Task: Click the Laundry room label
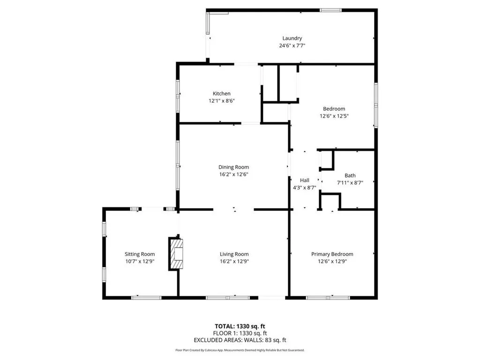point(292,38)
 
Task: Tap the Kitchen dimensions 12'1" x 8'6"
point(221,101)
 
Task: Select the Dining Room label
point(233,167)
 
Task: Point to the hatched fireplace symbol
point(176,254)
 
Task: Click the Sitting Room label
point(139,254)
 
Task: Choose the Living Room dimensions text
point(234,262)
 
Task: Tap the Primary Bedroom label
point(332,254)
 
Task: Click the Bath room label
point(350,176)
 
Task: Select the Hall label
point(304,180)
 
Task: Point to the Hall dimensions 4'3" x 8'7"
point(304,187)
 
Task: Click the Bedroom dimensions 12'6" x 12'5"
point(334,116)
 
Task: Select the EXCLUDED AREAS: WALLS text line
point(240,340)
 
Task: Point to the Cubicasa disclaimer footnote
point(240,350)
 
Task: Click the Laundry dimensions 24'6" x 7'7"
point(292,45)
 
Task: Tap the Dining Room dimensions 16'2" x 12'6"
point(233,174)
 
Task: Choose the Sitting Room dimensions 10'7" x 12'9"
point(139,262)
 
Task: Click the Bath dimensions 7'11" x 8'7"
point(350,183)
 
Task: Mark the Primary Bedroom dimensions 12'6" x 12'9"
point(332,262)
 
